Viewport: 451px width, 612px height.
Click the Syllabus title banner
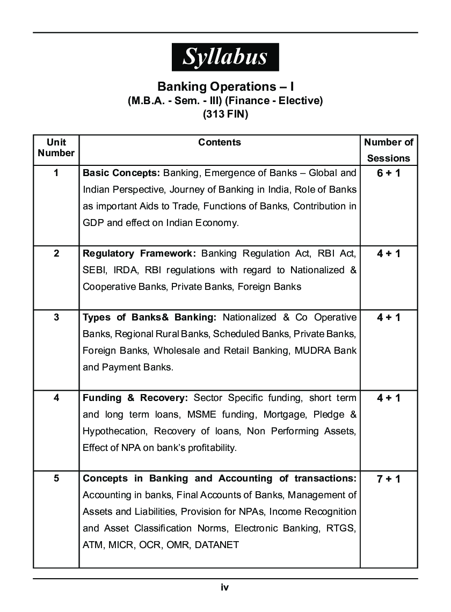225,57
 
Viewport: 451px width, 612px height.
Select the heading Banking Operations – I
225,86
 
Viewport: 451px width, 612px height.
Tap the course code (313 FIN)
225,114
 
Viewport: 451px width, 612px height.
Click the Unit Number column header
56,148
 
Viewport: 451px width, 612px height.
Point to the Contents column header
220,142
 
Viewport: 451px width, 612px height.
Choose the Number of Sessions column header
389,150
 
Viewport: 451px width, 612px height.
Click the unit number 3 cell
56,317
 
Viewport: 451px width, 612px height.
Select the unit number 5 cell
56,478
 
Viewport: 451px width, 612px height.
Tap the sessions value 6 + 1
389,173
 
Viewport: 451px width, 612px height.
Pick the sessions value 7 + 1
389,479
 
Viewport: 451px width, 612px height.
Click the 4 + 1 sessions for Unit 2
389,253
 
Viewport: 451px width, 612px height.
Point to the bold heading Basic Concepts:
121,173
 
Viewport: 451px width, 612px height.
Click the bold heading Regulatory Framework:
140,253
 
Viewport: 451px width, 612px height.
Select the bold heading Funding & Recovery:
135,398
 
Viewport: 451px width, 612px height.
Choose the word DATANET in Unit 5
217,545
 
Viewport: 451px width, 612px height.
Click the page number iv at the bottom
225,587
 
